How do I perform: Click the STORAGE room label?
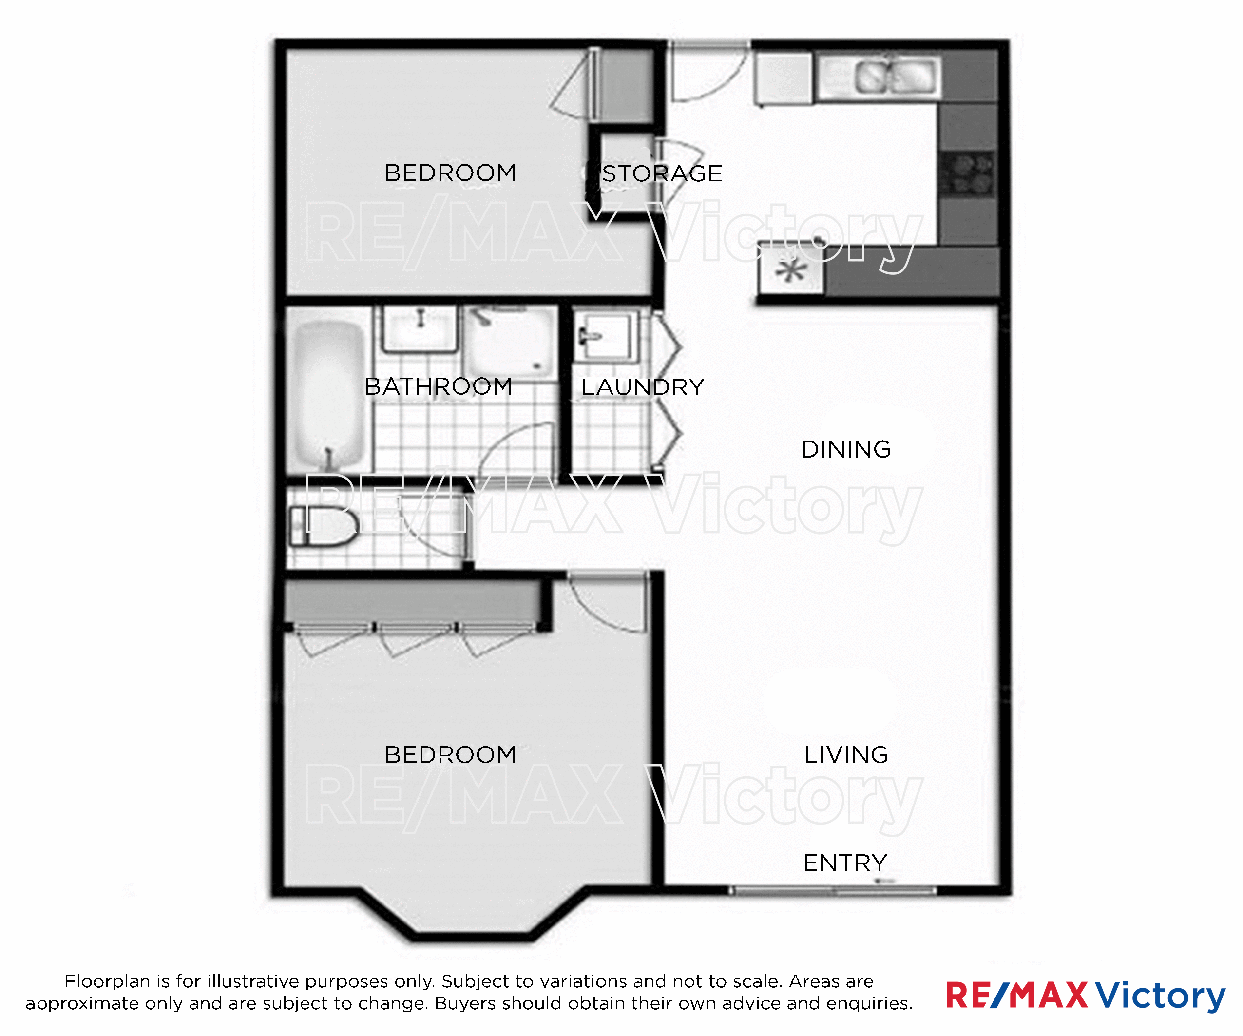click(x=662, y=173)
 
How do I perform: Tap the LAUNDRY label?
click(x=643, y=387)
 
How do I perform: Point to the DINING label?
click(x=846, y=449)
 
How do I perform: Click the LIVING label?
click(x=846, y=755)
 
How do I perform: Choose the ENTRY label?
click(x=845, y=863)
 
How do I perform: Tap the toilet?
click(x=323, y=526)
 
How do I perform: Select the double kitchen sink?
click(x=896, y=77)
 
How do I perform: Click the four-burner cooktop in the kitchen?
click(x=967, y=174)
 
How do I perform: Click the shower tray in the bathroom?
click(x=511, y=342)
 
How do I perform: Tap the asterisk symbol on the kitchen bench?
click(x=791, y=270)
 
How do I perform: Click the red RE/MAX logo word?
click(x=1016, y=995)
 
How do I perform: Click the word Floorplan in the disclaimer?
click(x=107, y=981)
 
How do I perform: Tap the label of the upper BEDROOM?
click(x=450, y=173)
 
